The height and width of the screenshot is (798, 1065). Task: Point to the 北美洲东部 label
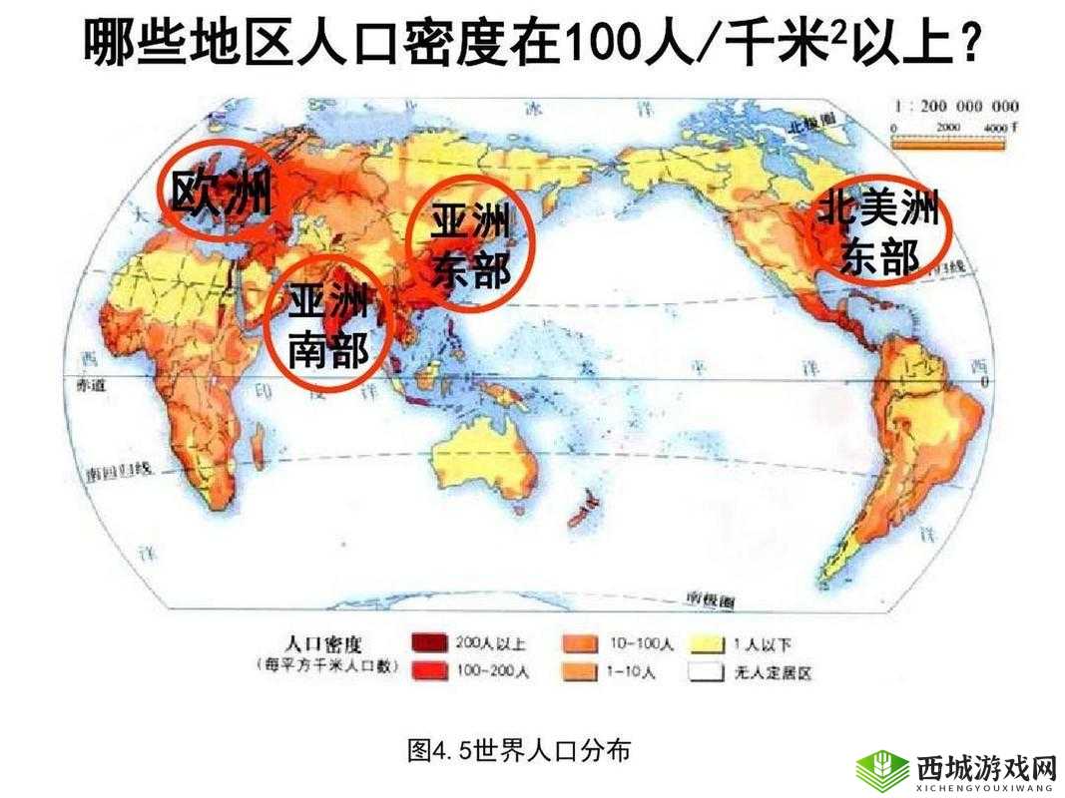coord(878,232)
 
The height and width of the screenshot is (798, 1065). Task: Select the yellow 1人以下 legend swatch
coord(707,643)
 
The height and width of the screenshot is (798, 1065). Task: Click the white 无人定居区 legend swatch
coord(707,671)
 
